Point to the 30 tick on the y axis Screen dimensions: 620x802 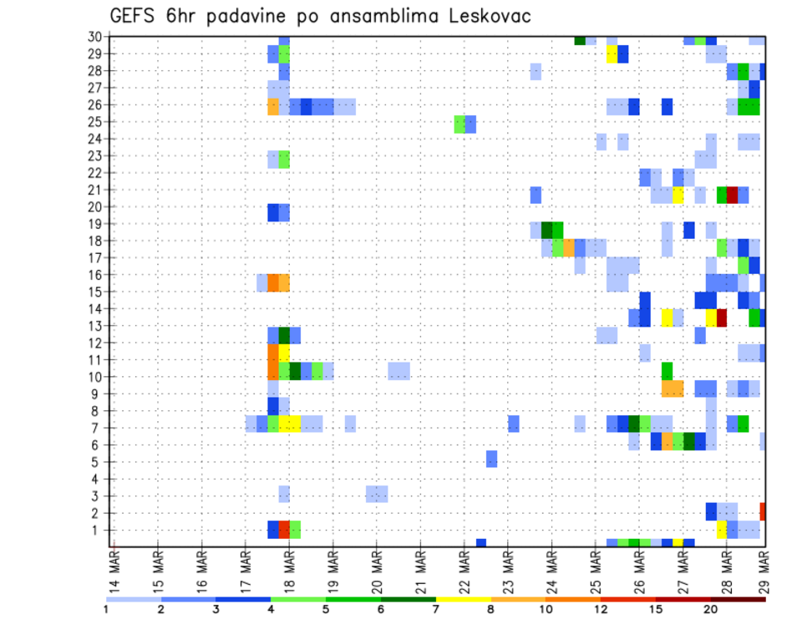[95, 36]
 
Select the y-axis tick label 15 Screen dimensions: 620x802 [95, 292]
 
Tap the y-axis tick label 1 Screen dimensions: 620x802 [99, 530]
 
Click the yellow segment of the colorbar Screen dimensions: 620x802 [464, 599]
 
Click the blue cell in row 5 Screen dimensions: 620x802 [491, 459]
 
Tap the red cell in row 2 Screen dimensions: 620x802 [762, 511]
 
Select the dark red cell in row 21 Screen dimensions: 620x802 [733, 195]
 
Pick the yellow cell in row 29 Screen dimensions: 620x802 [612, 54]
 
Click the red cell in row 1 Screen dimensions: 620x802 [284, 530]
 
